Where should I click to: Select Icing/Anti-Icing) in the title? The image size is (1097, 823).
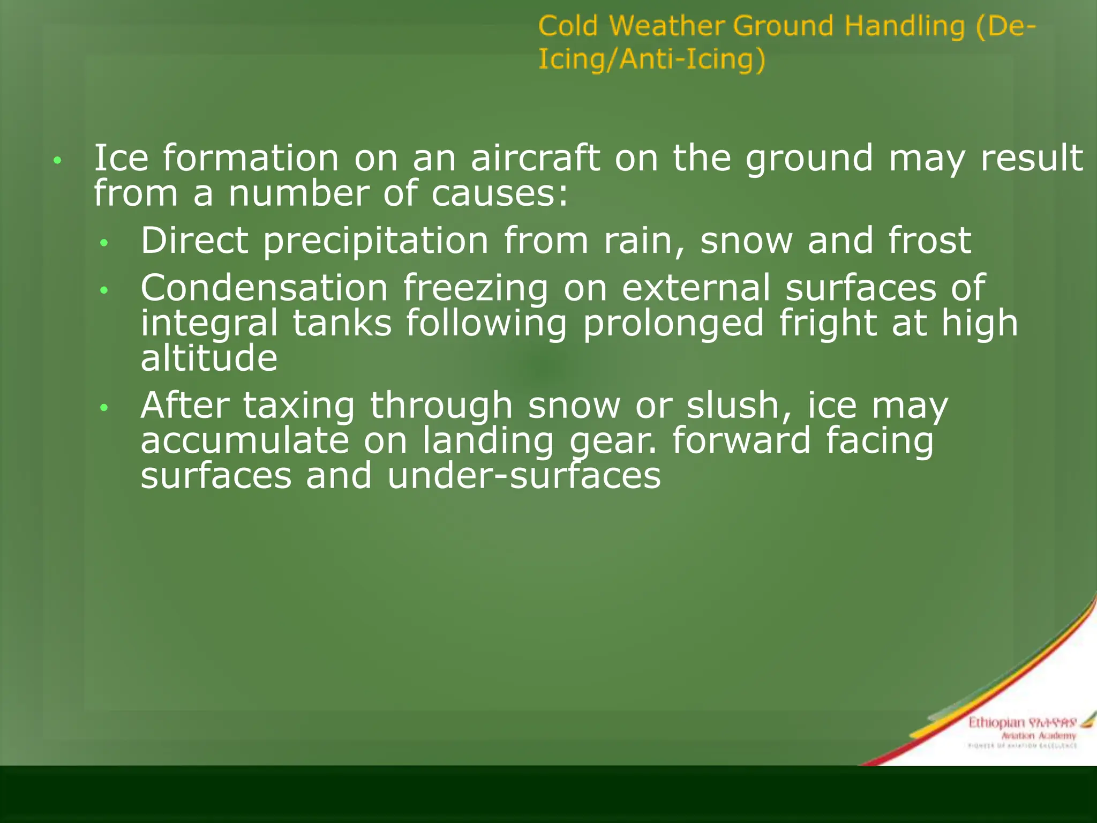tap(652, 59)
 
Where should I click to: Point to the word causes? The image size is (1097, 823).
tap(500, 193)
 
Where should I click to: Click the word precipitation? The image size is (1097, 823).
tap(375, 241)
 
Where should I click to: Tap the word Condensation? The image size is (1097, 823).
tap(264, 288)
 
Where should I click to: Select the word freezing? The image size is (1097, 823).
tap(476, 289)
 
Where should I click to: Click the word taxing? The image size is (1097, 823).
tap(299, 406)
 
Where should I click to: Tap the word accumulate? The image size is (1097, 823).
tap(245, 440)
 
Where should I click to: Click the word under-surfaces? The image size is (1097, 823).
tap(524, 476)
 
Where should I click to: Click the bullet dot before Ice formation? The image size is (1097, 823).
tap(58, 160)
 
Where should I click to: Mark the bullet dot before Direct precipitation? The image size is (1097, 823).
tap(104, 243)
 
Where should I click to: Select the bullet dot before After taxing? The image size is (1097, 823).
tap(104, 408)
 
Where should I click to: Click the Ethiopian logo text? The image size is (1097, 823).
tap(996, 723)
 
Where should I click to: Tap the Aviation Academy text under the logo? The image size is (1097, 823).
tap(1039, 736)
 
